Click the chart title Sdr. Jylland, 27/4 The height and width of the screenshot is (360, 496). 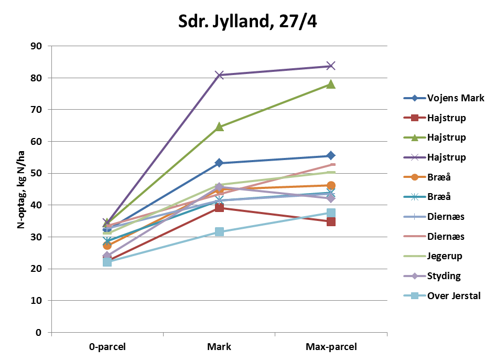248,23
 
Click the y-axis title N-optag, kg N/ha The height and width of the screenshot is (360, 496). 21,189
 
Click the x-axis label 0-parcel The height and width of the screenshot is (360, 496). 107,347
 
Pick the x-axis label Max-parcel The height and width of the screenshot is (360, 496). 331,347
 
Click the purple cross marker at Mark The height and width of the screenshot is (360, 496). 219,75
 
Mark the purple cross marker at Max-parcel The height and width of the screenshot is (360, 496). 331,66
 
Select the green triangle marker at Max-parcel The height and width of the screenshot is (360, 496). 331,84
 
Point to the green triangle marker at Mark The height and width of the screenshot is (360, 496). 219,126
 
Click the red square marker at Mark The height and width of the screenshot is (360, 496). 219,208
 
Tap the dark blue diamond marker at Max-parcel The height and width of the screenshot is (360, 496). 331,155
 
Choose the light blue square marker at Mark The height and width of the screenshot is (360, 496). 219,231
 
